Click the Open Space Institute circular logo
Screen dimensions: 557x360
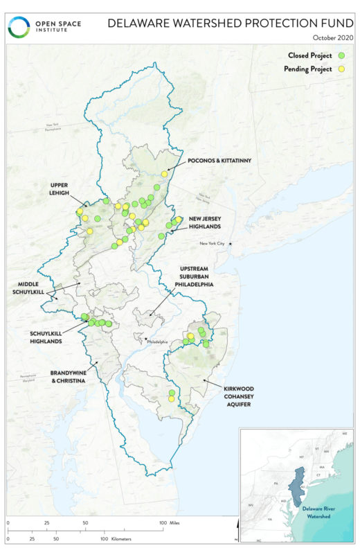19,28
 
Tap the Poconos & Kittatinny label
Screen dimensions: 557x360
219,161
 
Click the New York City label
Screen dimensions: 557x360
213,244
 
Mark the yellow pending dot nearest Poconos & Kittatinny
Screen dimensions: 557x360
164,174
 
